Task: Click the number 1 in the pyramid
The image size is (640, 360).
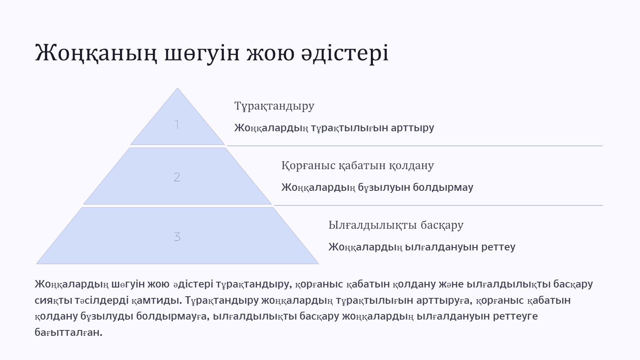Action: pyautogui.click(x=177, y=125)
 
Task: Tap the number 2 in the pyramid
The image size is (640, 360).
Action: pyautogui.click(x=177, y=177)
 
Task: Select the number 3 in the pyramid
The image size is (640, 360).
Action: pyautogui.click(x=177, y=237)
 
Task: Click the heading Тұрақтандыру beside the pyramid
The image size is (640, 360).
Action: pyautogui.click(x=274, y=106)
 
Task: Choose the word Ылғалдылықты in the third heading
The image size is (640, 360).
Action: pyautogui.click(x=372, y=225)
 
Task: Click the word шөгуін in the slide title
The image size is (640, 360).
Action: pyautogui.click(x=202, y=53)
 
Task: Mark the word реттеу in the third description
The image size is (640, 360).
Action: pyautogui.click(x=498, y=247)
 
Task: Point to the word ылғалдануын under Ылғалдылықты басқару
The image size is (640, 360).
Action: pyautogui.click(x=442, y=247)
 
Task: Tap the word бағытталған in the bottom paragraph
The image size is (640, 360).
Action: pyautogui.click(x=69, y=332)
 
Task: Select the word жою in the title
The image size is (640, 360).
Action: pyautogui.click(x=270, y=53)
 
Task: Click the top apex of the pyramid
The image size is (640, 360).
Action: pyautogui.click(x=177, y=88)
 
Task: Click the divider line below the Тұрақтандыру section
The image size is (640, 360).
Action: pyautogui.click(x=415, y=146)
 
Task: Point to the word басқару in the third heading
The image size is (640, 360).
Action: pyautogui.click(x=442, y=225)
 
